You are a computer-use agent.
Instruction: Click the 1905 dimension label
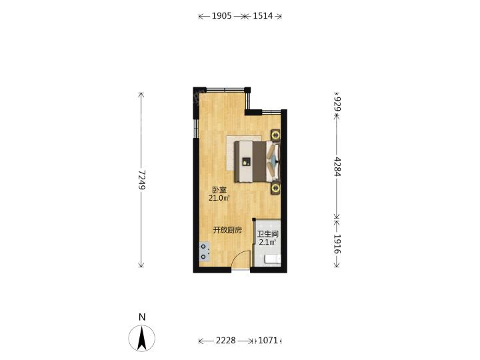[x=221, y=16]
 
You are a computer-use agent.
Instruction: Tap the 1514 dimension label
[x=263, y=16]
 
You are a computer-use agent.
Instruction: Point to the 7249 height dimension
[x=141, y=180]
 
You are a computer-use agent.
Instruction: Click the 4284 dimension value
[x=337, y=166]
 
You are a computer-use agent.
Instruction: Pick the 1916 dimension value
[x=337, y=244]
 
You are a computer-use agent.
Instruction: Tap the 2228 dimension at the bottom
[x=225, y=341]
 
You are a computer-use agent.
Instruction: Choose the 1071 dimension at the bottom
[x=268, y=341]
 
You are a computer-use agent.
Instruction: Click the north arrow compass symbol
[x=142, y=339]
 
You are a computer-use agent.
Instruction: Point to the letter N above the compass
[x=142, y=317]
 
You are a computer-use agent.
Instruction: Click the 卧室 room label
[x=219, y=190]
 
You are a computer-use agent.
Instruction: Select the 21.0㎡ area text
[x=219, y=199]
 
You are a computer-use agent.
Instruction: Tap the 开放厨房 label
[x=227, y=230]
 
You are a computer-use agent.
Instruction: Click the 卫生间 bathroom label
[x=268, y=234]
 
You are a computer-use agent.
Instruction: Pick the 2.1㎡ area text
[x=267, y=243]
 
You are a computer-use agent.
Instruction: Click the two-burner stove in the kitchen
[x=205, y=251]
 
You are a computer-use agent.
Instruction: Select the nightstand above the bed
[x=275, y=135]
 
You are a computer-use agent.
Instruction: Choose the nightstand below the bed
[x=275, y=188]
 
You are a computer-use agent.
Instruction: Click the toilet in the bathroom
[x=273, y=259]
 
